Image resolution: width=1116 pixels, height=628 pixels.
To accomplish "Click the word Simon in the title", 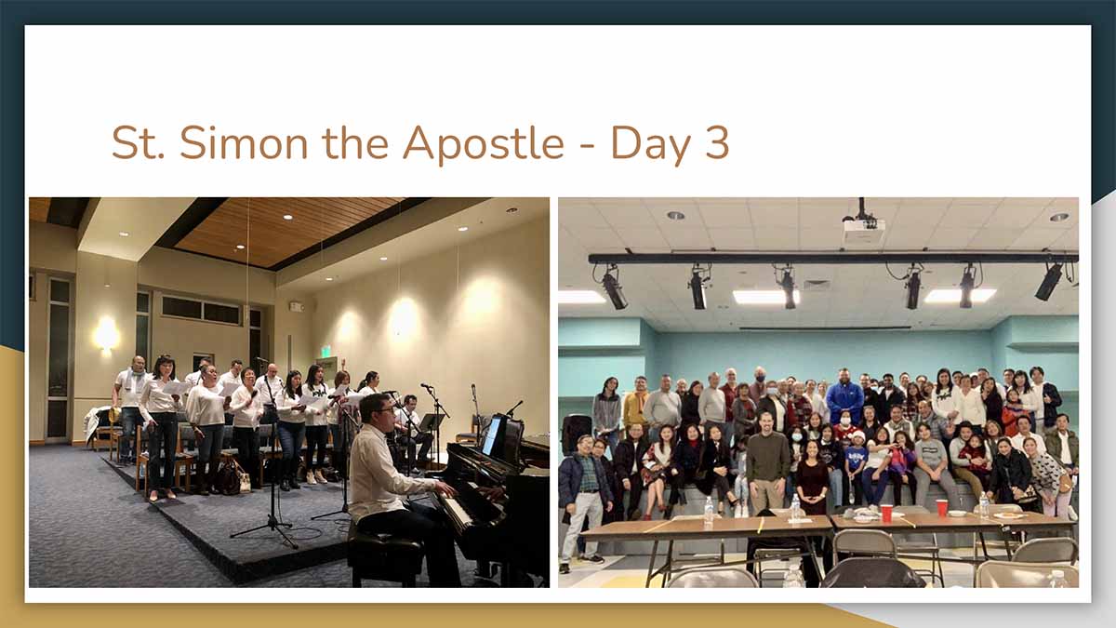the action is (244, 143).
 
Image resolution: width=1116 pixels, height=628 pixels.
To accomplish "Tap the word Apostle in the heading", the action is (484, 143).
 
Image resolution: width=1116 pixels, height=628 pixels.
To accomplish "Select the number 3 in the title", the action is (717, 143).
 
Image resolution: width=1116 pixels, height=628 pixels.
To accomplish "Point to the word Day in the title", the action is (652, 144).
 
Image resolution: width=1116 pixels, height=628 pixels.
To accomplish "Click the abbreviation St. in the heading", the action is (138, 143).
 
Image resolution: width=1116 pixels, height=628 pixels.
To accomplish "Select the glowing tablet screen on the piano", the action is (491, 435).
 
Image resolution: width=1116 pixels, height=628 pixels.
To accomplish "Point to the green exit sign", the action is (325, 352).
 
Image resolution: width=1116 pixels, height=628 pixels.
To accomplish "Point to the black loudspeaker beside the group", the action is (577, 434).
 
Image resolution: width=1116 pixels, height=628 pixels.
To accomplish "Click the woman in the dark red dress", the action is (812, 477).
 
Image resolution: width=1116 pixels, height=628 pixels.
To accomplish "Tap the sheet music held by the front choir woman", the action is (177, 388).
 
